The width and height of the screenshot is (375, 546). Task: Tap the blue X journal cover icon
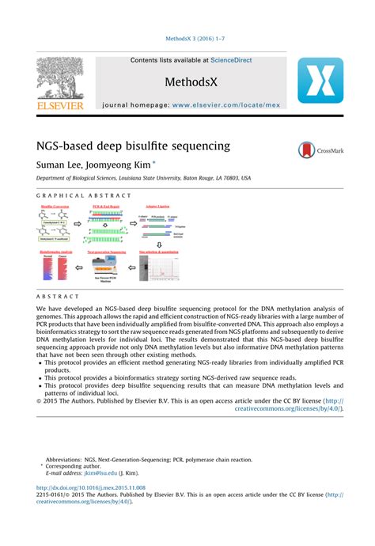tap(320, 83)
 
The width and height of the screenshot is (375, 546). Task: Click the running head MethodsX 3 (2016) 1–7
tap(187, 38)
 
